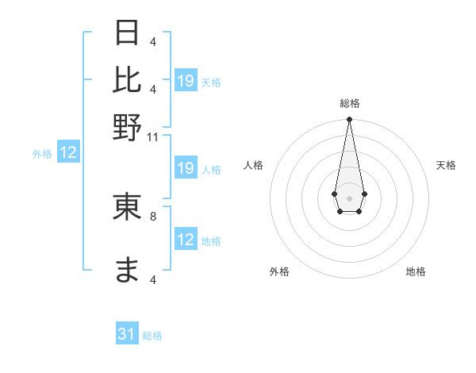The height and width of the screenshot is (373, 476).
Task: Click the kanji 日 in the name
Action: [128, 33]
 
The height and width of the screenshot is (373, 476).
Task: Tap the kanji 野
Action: [128, 127]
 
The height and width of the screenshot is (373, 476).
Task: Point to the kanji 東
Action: [128, 208]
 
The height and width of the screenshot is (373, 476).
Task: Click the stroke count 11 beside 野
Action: [153, 137]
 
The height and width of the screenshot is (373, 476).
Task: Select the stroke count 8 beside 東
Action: [153, 215]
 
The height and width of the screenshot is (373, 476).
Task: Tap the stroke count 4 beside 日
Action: [153, 41]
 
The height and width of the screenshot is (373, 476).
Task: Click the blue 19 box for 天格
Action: [186, 81]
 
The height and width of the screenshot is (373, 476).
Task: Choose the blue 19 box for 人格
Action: [186, 168]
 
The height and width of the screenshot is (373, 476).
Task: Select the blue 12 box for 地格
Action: [186, 240]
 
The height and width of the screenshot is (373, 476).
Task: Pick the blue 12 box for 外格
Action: [68, 152]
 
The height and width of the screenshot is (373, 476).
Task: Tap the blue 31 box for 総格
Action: [127, 335]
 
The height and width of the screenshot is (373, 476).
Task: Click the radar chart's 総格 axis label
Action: [349, 103]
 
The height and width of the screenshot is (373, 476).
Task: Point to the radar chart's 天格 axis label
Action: [446, 165]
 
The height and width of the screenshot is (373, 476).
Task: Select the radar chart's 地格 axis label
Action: [416, 271]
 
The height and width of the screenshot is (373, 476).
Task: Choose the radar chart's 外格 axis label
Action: [279, 271]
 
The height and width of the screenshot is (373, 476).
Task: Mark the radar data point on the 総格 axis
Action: [349, 120]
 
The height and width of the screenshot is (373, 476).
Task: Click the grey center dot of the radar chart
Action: [349, 197]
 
